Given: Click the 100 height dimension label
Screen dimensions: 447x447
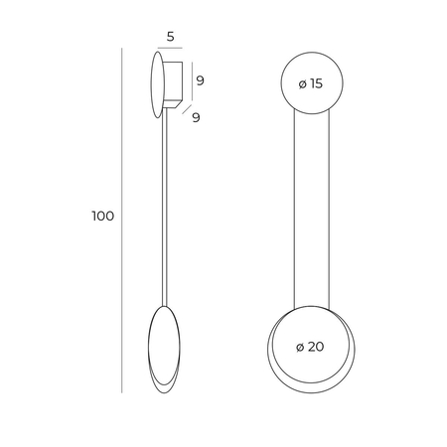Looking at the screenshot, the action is pyautogui.click(x=103, y=216).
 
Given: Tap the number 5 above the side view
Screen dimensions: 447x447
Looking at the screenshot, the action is pyautogui.click(x=170, y=37).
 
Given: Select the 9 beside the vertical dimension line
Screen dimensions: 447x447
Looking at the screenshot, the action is pyautogui.click(x=200, y=80).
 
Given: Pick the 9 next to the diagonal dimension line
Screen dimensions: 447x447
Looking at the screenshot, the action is pyautogui.click(x=196, y=117).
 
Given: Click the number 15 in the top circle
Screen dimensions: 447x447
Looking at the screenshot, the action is pyautogui.click(x=317, y=83).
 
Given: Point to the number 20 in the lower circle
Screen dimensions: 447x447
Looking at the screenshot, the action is pyautogui.click(x=316, y=347).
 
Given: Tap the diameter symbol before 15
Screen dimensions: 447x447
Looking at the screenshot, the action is pyautogui.click(x=303, y=84).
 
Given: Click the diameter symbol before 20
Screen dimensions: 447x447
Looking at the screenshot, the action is pyautogui.click(x=300, y=348).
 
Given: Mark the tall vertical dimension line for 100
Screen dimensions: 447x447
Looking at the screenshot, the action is pyautogui.click(x=122, y=221).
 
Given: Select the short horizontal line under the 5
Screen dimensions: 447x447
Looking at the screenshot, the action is pyautogui.click(x=170, y=48).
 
